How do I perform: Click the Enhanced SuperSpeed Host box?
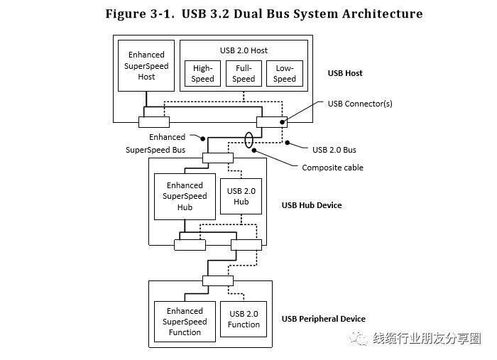tap(146, 65)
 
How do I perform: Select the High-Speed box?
tap(202, 74)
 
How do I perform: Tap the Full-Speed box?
tap(244, 74)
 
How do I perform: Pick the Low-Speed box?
tap(285, 74)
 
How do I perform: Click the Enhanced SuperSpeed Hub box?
tap(185, 196)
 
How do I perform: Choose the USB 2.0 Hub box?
tap(241, 196)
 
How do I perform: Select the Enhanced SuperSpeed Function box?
tap(185, 322)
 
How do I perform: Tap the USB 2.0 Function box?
tap(244, 320)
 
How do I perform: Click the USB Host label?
tap(345, 73)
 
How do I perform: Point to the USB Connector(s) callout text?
tap(360, 104)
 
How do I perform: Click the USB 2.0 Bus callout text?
tap(334, 150)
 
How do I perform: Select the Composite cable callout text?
tap(332, 168)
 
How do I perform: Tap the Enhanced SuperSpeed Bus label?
tap(156, 143)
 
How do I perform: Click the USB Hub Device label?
tap(312, 205)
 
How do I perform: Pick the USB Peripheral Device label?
tap(324, 319)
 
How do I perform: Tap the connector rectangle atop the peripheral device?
tap(217, 280)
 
